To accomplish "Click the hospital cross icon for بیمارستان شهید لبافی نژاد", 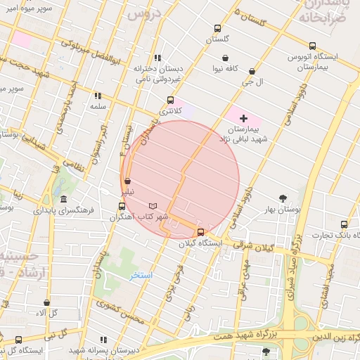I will click(x=244, y=118).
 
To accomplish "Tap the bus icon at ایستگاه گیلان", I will click(x=201, y=232).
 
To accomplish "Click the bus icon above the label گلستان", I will click(x=217, y=29).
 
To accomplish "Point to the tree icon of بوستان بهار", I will click(x=283, y=198).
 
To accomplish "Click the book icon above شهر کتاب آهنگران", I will click(x=153, y=205).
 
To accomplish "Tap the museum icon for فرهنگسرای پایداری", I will click(x=64, y=199).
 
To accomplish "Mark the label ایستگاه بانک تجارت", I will click(x=331, y=234).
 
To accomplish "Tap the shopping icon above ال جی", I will click(x=252, y=72).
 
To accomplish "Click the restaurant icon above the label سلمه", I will click(x=98, y=96).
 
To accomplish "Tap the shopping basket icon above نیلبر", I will click(x=127, y=181).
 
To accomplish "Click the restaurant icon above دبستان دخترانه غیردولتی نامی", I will click(x=158, y=58).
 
